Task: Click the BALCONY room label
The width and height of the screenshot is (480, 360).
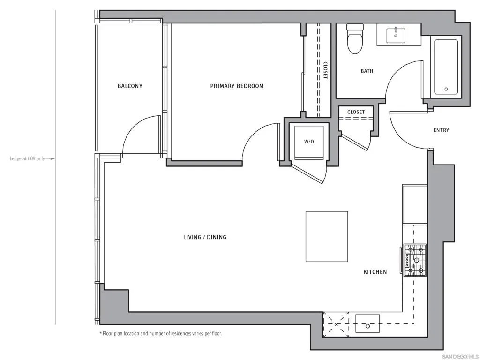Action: [130, 86]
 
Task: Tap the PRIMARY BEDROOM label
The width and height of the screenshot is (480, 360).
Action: [237, 86]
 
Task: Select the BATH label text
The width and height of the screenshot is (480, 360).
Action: [367, 71]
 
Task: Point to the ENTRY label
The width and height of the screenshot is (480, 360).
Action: [441, 130]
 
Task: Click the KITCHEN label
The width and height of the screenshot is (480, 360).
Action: [375, 272]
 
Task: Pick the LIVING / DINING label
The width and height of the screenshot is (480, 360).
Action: [205, 237]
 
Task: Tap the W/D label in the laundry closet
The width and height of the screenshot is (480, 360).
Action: [309, 142]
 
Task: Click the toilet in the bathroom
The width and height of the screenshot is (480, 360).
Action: [355, 39]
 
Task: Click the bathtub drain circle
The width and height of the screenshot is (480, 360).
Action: [446, 89]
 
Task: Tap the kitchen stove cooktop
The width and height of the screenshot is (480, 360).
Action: [415, 260]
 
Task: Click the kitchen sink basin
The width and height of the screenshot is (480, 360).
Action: [367, 323]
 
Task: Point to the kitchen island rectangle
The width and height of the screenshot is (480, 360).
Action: [327, 236]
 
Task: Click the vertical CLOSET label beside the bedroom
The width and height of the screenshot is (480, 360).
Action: [325, 70]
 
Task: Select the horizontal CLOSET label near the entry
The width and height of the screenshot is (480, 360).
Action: [356, 112]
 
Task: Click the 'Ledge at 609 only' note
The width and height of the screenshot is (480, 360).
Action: [27, 158]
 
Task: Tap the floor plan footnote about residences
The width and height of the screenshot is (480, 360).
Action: [161, 333]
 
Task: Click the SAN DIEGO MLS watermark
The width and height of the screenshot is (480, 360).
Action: [461, 357]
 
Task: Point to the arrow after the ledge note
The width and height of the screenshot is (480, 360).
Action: [51, 158]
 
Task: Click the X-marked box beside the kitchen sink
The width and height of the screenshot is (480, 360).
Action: [336, 324]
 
